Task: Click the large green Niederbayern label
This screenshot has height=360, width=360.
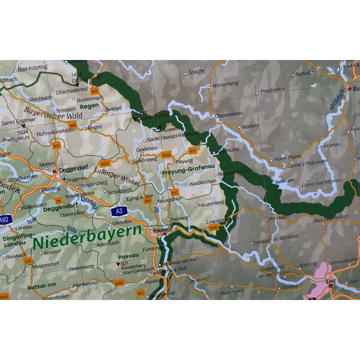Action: [88, 237]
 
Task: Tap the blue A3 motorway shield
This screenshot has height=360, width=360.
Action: [118, 211]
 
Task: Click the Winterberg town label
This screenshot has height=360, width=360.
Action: [224, 85]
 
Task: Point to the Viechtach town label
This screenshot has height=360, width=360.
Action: [41, 98]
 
